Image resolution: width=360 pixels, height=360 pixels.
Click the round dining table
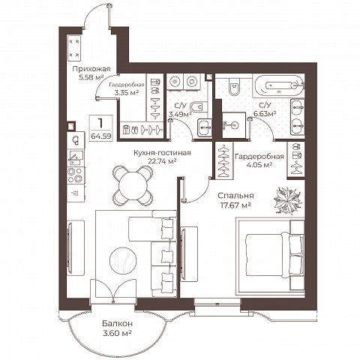[133, 185]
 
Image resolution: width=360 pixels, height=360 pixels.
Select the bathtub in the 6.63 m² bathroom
[278, 85]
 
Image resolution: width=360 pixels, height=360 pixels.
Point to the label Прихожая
[91, 69]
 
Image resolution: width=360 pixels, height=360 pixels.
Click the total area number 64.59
[101, 136]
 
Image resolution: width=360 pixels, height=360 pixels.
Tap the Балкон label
[117, 323]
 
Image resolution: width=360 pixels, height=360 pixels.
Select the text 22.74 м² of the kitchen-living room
[162, 161]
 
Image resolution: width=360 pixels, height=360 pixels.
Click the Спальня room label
[235, 196]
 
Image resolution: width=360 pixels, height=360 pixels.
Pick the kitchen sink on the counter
[76, 157]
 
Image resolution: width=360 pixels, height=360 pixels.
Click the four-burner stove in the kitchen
[76, 175]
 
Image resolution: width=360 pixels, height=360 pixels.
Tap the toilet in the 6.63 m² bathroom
[234, 86]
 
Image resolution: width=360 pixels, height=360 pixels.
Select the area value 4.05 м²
[259, 165]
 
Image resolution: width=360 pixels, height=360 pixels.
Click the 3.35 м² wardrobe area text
[127, 93]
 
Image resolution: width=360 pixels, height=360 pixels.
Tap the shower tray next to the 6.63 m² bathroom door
[234, 124]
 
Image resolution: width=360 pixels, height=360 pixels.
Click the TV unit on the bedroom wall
[189, 254]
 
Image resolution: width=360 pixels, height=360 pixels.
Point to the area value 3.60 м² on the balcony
[117, 333]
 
